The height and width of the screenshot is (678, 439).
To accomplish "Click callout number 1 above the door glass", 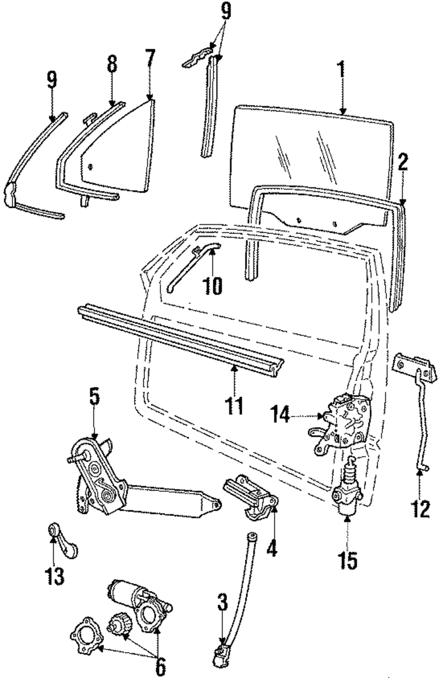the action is pyautogui.click(x=342, y=70).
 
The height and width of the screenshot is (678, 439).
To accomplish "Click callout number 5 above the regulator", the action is pyautogui.click(x=94, y=397).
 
